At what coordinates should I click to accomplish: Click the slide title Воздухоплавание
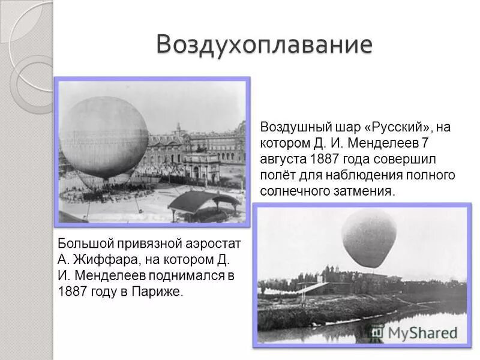[264, 44]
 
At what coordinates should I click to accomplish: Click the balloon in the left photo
[104, 137]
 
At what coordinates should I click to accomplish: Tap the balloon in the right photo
[369, 238]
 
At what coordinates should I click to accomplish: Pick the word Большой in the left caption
[83, 244]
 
